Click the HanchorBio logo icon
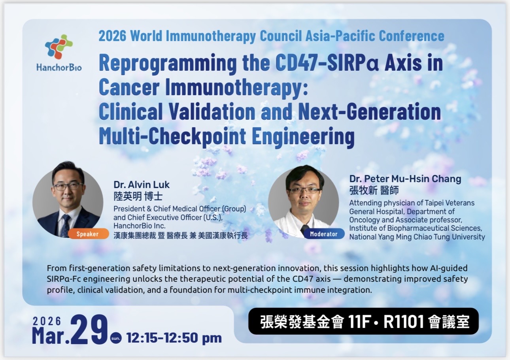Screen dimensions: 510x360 pos(59,47)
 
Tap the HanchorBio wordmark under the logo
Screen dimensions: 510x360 pos(59,68)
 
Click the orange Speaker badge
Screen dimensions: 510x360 pos(88,234)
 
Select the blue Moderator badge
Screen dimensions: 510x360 pos(323,234)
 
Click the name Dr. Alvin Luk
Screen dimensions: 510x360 pos(142,185)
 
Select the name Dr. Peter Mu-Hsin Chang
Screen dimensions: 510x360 pos(405,179)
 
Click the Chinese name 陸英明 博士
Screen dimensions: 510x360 pos(138,196)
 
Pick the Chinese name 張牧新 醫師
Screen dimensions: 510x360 pos(374,190)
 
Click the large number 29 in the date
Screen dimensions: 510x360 pos(89,329)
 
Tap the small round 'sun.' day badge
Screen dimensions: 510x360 pos(116,338)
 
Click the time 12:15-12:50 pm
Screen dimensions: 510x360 pos(174,338)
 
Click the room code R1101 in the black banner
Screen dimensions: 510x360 pos(403,322)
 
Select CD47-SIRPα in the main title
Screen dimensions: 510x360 pos(327,63)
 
